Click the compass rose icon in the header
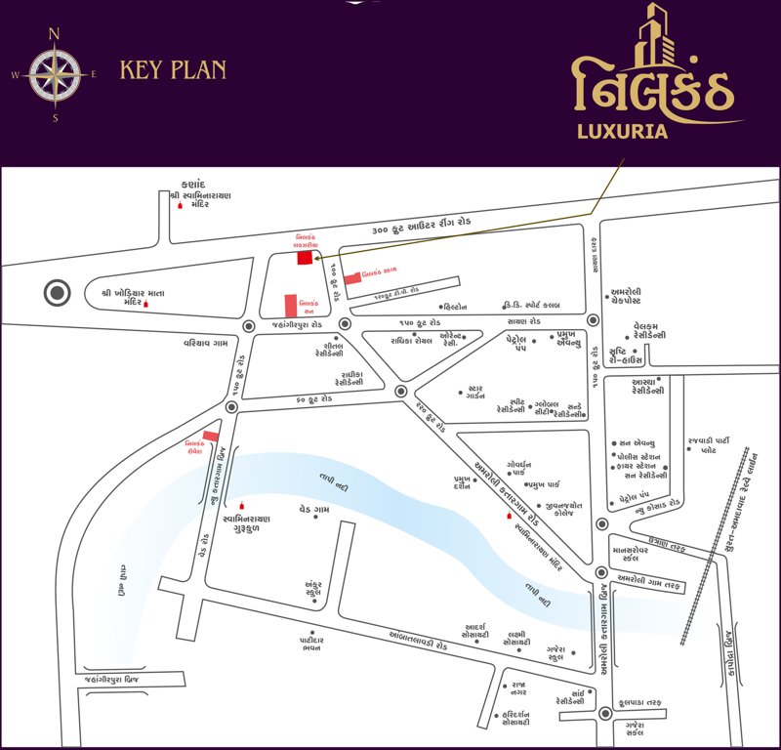[x=55, y=74]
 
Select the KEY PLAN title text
[x=173, y=70]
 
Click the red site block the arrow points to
[x=306, y=259]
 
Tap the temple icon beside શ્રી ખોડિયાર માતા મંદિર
[x=146, y=304]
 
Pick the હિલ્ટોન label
[x=464, y=306]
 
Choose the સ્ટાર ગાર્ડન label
[x=477, y=393]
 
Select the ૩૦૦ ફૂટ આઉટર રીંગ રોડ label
[x=422, y=227]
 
